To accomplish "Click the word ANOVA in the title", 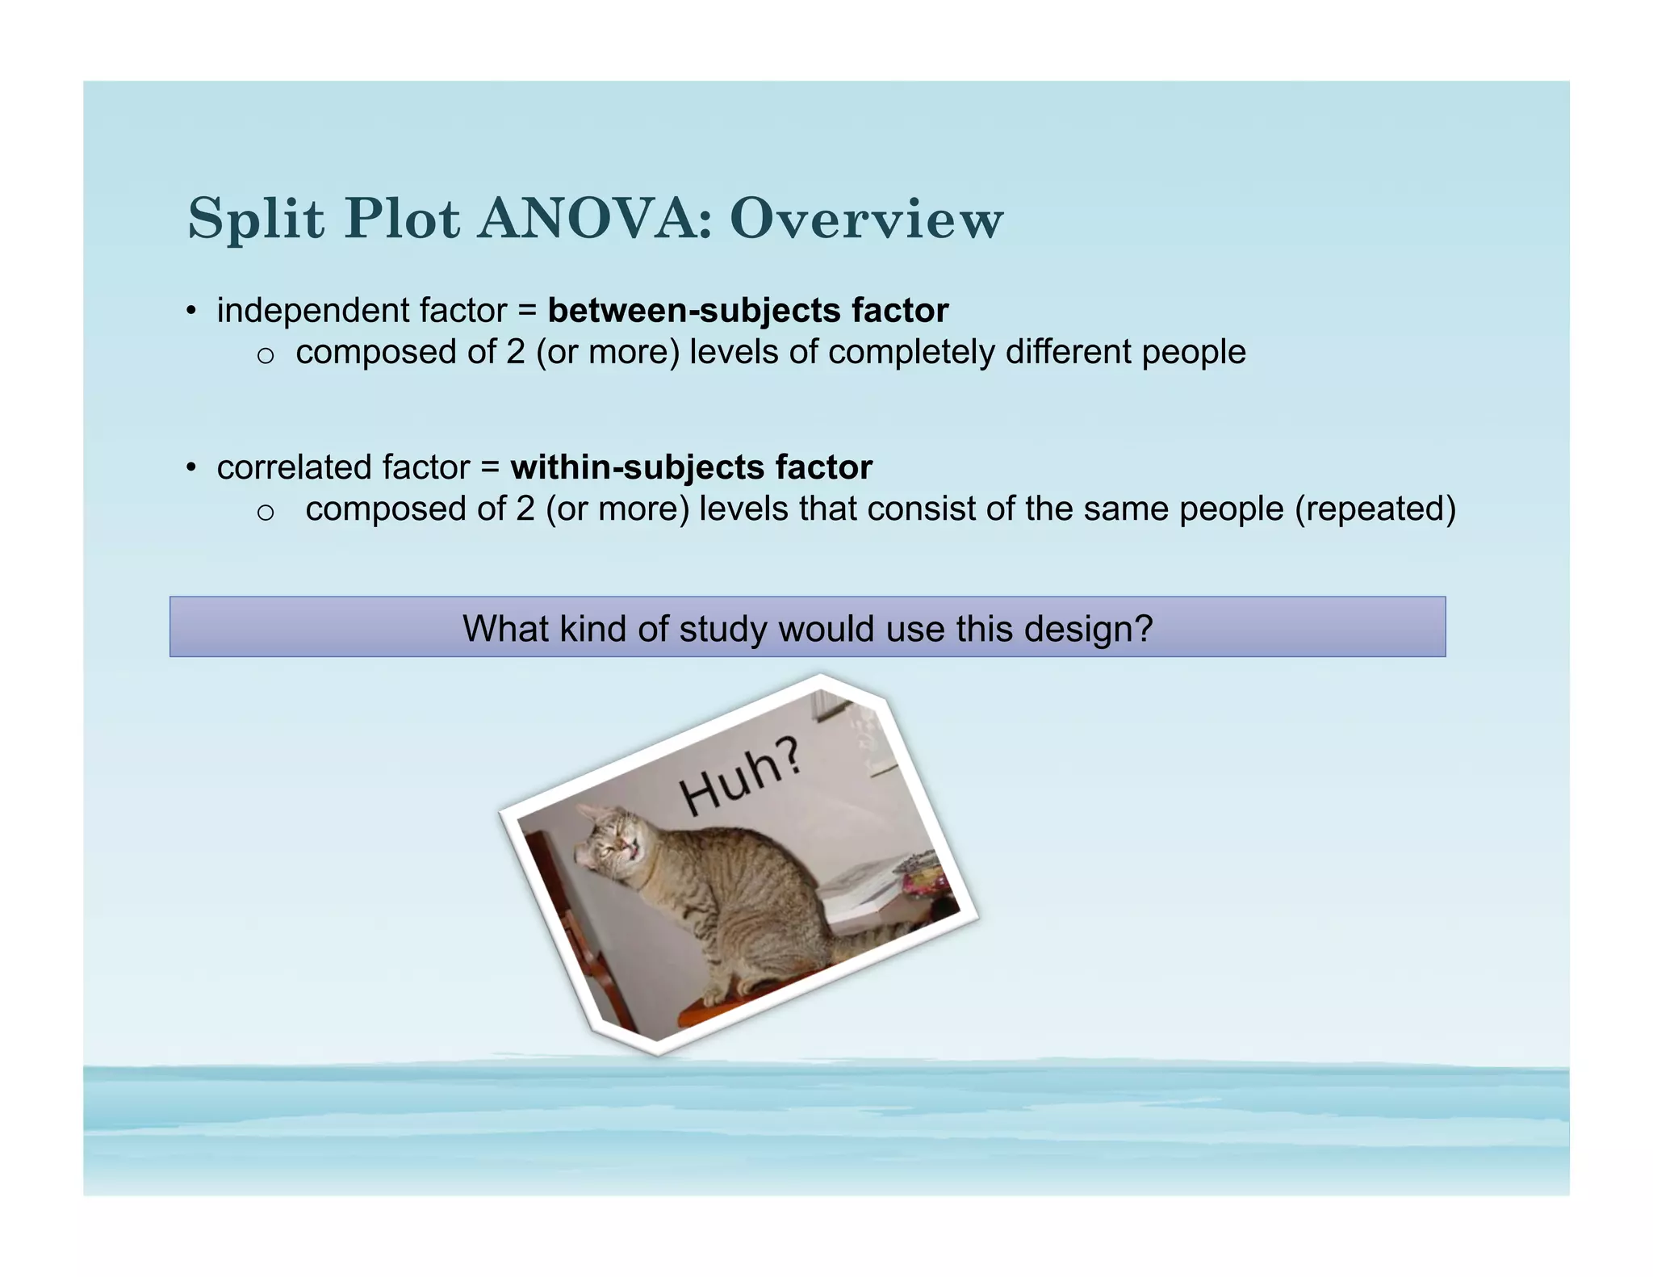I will pyautogui.click(x=593, y=219).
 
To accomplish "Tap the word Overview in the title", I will pyautogui.click(x=867, y=219).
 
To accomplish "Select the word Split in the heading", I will pyautogui.click(x=256, y=219).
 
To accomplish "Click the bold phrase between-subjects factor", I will pyautogui.click(x=747, y=311).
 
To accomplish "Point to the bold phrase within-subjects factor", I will pyautogui.click(x=691, y=467).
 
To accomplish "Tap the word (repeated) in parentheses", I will pyautogui.click(x=1375, y=509).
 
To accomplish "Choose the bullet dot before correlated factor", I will pyautogui.click(x=190, y=469).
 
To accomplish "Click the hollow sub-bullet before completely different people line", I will pyautogui.click(x=265, y=355).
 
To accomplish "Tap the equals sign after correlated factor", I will pyautogui.click(x=489, y=468).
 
